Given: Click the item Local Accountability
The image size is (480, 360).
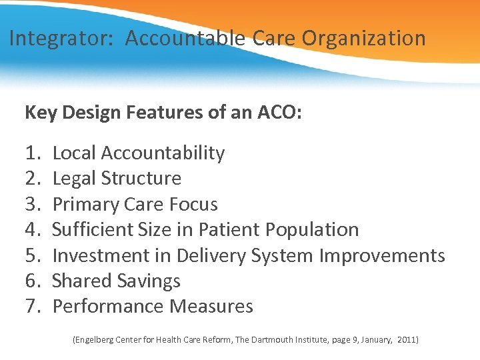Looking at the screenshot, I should [138, 153].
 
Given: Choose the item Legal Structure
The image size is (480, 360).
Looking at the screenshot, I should [117, 179].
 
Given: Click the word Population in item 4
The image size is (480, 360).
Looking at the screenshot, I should [312, 230].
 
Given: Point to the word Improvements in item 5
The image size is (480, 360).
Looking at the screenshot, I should [382, 255].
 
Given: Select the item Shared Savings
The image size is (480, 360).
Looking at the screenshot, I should [116, 281].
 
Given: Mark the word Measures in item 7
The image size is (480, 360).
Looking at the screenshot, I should [211, 307].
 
